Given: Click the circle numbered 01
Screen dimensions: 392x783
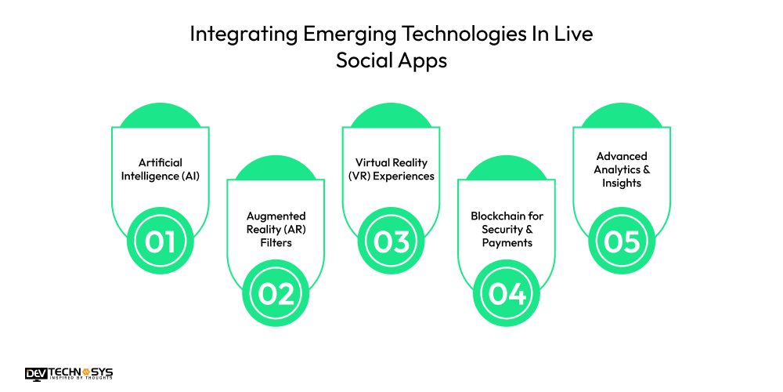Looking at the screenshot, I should (161, 241).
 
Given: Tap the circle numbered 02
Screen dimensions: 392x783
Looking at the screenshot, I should (276, 293).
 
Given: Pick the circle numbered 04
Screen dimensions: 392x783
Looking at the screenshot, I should (507, 293).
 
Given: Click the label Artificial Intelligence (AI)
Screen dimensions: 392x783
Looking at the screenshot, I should (161, 169).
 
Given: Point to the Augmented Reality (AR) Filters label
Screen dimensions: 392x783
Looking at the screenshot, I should (276, 229).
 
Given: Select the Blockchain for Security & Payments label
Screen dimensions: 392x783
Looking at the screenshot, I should (507, 229).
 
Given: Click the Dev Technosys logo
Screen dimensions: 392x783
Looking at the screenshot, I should (69, 374).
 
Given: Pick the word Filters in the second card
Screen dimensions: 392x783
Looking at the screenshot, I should (276, 242).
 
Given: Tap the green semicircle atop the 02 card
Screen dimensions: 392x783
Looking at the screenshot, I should (276, 168).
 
